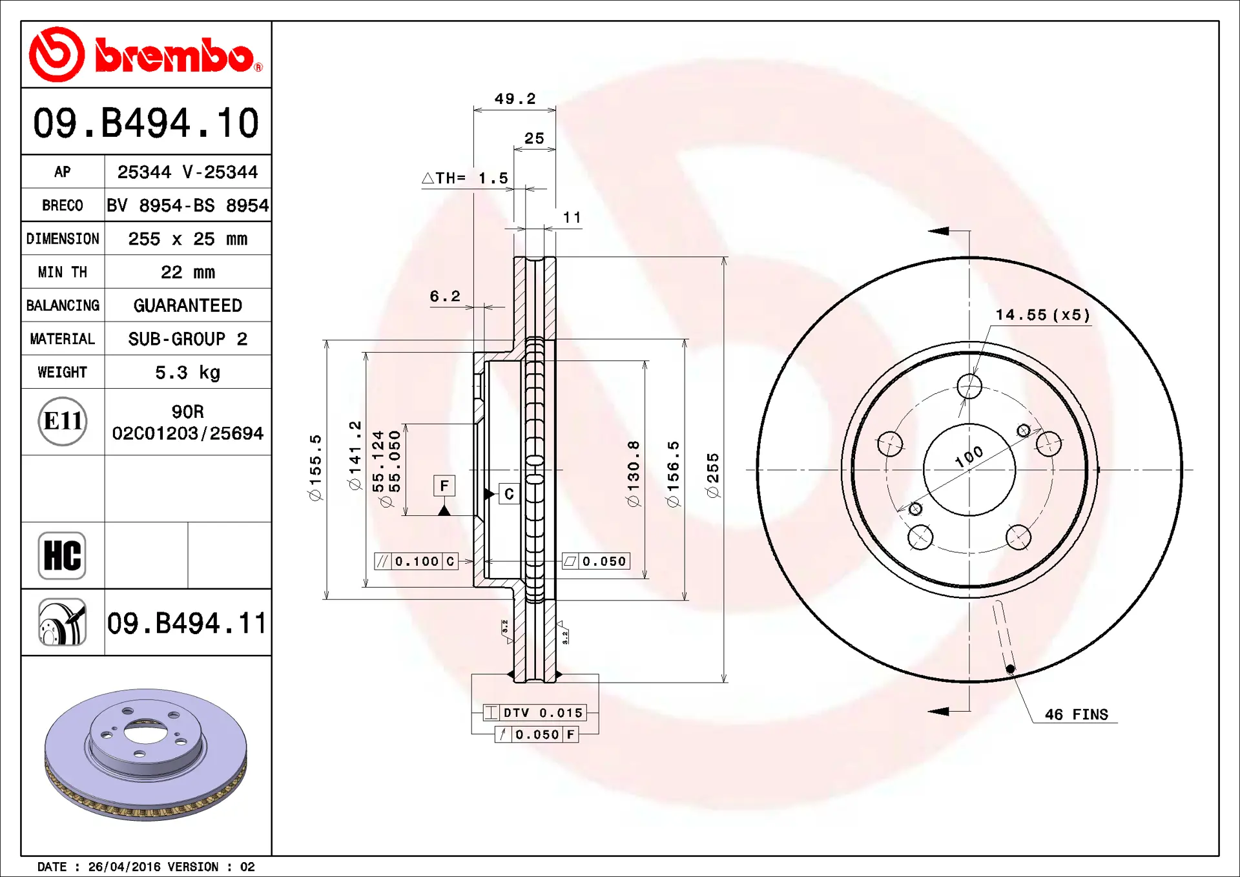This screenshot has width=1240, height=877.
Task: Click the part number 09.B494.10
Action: click(x=146, y=123)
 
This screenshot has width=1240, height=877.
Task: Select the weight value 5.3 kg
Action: click(x=187, y=373)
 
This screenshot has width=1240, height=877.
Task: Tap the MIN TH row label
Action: click(x=62, y=273)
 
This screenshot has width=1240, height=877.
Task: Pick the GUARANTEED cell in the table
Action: click(x=187, y=305)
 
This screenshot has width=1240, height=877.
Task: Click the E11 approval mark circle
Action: click(x=63, y=422)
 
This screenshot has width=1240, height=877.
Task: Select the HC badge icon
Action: click(x=62, y=555)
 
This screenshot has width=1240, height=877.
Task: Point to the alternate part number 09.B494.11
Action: click(x=187, y=623)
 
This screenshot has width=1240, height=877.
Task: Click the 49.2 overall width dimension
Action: click(x=515, y=99)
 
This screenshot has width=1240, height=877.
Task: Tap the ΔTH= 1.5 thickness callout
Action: click(x=465, y=178)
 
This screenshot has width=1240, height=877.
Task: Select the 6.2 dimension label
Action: click(x=445, y=296)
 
